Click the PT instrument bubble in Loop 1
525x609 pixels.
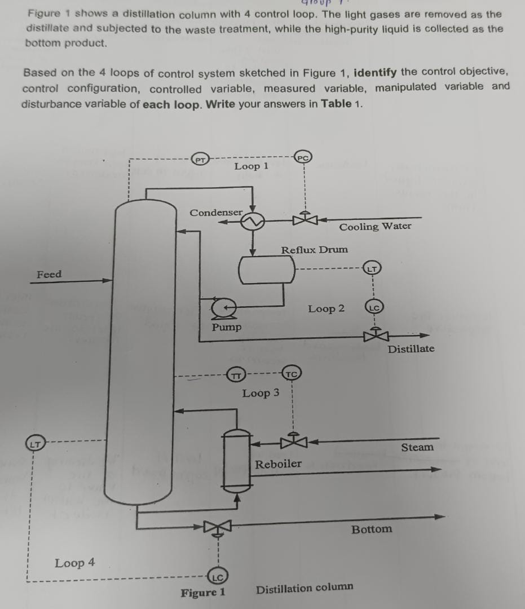point(198,160)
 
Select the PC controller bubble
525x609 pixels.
point(303,158)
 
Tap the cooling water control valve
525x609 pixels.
point(305,218)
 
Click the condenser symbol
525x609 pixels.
point(252,222)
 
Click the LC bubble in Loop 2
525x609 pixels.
point(373,308)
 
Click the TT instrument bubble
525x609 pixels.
point(237,374)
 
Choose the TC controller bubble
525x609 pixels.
point(292,374)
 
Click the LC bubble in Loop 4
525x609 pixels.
point(218,576)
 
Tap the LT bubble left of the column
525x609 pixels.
point(34,444)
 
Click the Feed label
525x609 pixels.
point(49,275)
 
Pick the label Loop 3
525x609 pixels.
point(261,393)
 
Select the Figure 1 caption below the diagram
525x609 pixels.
point(203,592)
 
